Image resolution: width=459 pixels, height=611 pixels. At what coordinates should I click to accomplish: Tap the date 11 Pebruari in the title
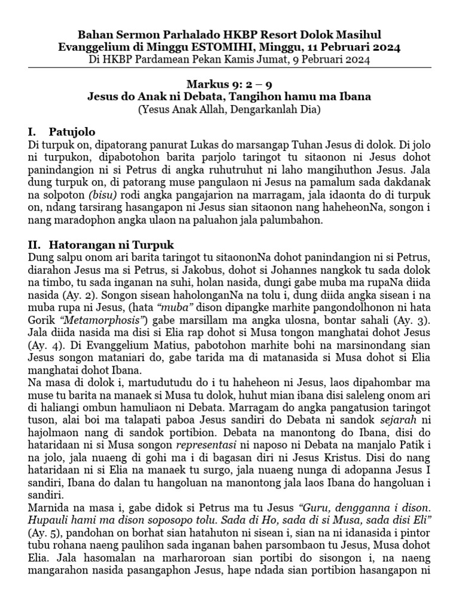(x=332, y=47)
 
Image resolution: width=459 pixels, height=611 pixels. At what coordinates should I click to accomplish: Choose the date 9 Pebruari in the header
(x=336, y=60)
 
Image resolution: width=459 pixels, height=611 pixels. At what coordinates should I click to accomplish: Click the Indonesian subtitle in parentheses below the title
(x=229, y=110)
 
